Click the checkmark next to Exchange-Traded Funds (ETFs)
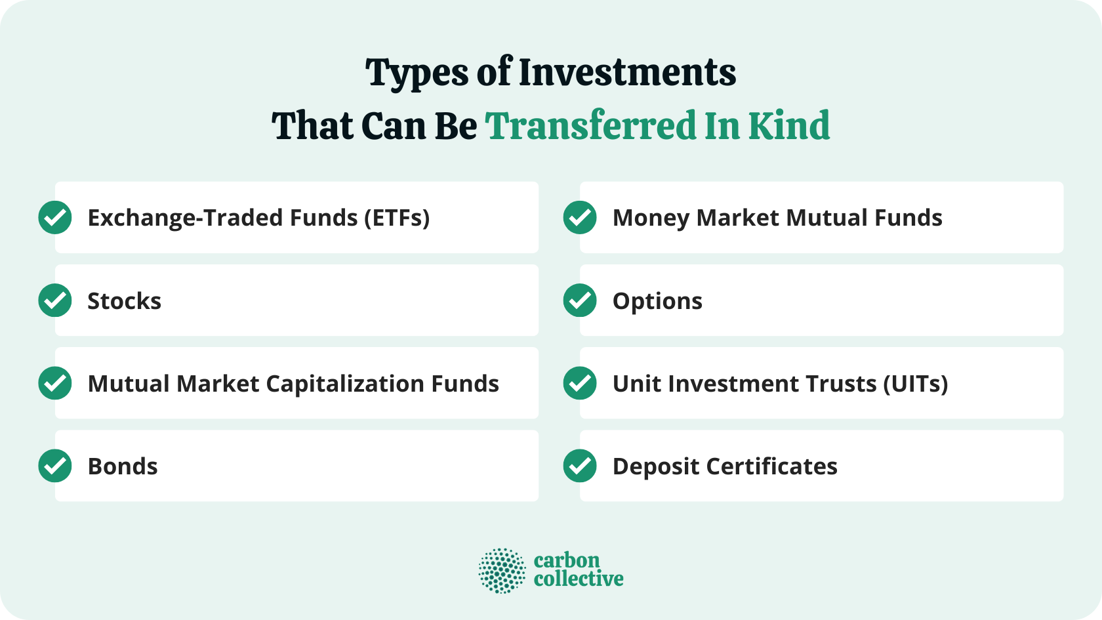click(55, 218)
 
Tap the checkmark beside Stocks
click(55, 300)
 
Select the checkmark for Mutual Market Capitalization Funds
click(55, 383)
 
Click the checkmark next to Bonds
click(55, 466)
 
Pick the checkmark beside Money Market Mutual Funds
click(580, 218)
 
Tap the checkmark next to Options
click(580, 300)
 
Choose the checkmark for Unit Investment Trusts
click(580, 383)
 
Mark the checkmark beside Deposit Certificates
click(580, 466)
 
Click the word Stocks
click(125, 301)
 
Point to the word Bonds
click(123, 466)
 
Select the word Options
click(657, 301)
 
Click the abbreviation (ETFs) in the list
click(397, 218)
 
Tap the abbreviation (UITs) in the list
click(915, 384)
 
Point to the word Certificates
click(771, 466)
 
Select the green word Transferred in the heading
click(591, 125)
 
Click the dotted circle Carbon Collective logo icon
click(502, 571)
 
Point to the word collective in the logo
click(579, 579)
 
